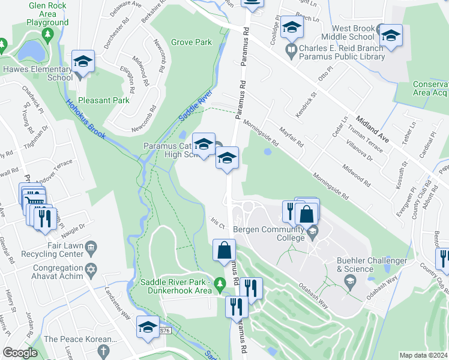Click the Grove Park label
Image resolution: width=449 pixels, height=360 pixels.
click(x=191, y=43)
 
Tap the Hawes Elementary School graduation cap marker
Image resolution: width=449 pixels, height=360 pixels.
click(x=83, y=61)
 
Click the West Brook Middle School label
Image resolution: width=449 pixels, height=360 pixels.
click(x=354, y=32)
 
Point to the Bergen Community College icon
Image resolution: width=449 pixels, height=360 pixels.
click(x=312, y=230)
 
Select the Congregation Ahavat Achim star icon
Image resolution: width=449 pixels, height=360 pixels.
click(x=91, y=268)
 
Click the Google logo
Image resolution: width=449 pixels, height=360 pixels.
click(x=20, y=353)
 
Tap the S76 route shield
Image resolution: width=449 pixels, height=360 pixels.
click(x=164, y=331)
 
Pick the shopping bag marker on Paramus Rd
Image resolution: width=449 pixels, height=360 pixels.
click(x=224, y=249)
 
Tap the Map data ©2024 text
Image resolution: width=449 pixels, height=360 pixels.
click(x=423, y=355)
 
